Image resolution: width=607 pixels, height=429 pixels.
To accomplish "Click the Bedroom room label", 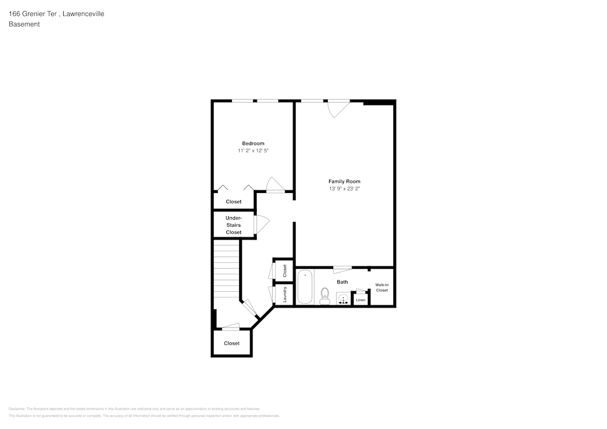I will [253, 143].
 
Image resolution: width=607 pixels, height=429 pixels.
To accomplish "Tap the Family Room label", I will [344, 181].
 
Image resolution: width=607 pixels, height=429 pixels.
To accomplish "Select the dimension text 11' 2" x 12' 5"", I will [253, 150].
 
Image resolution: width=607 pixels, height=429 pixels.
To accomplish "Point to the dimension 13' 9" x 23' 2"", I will [344, 189].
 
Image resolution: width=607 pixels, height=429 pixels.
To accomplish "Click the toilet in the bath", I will [325, 296].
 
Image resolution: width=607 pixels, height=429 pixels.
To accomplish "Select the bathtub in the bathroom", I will [305, 287].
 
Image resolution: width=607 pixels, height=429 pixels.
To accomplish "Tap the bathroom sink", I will [343, 299].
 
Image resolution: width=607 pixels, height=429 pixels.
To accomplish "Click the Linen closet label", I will [361, 300].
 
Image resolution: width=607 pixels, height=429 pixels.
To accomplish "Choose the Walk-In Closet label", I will [382, 287].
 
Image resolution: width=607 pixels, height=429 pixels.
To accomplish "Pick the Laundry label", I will [285, 295].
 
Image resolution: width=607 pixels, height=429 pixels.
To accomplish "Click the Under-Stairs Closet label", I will [234, 225].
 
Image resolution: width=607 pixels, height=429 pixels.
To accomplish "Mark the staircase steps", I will [227, 270].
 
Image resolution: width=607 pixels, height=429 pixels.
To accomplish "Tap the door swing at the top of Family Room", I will [337, 108].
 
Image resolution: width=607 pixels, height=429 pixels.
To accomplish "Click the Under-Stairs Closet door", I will [262, 225].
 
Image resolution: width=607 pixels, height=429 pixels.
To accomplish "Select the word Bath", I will [342, 282].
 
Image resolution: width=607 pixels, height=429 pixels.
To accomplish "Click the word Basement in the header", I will [24, 24].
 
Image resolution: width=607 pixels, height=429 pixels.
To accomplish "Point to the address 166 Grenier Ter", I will [33, 13].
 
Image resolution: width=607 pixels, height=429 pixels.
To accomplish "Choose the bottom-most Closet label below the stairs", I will [231, 343].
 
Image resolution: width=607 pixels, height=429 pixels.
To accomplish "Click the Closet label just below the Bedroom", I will [234, 201].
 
